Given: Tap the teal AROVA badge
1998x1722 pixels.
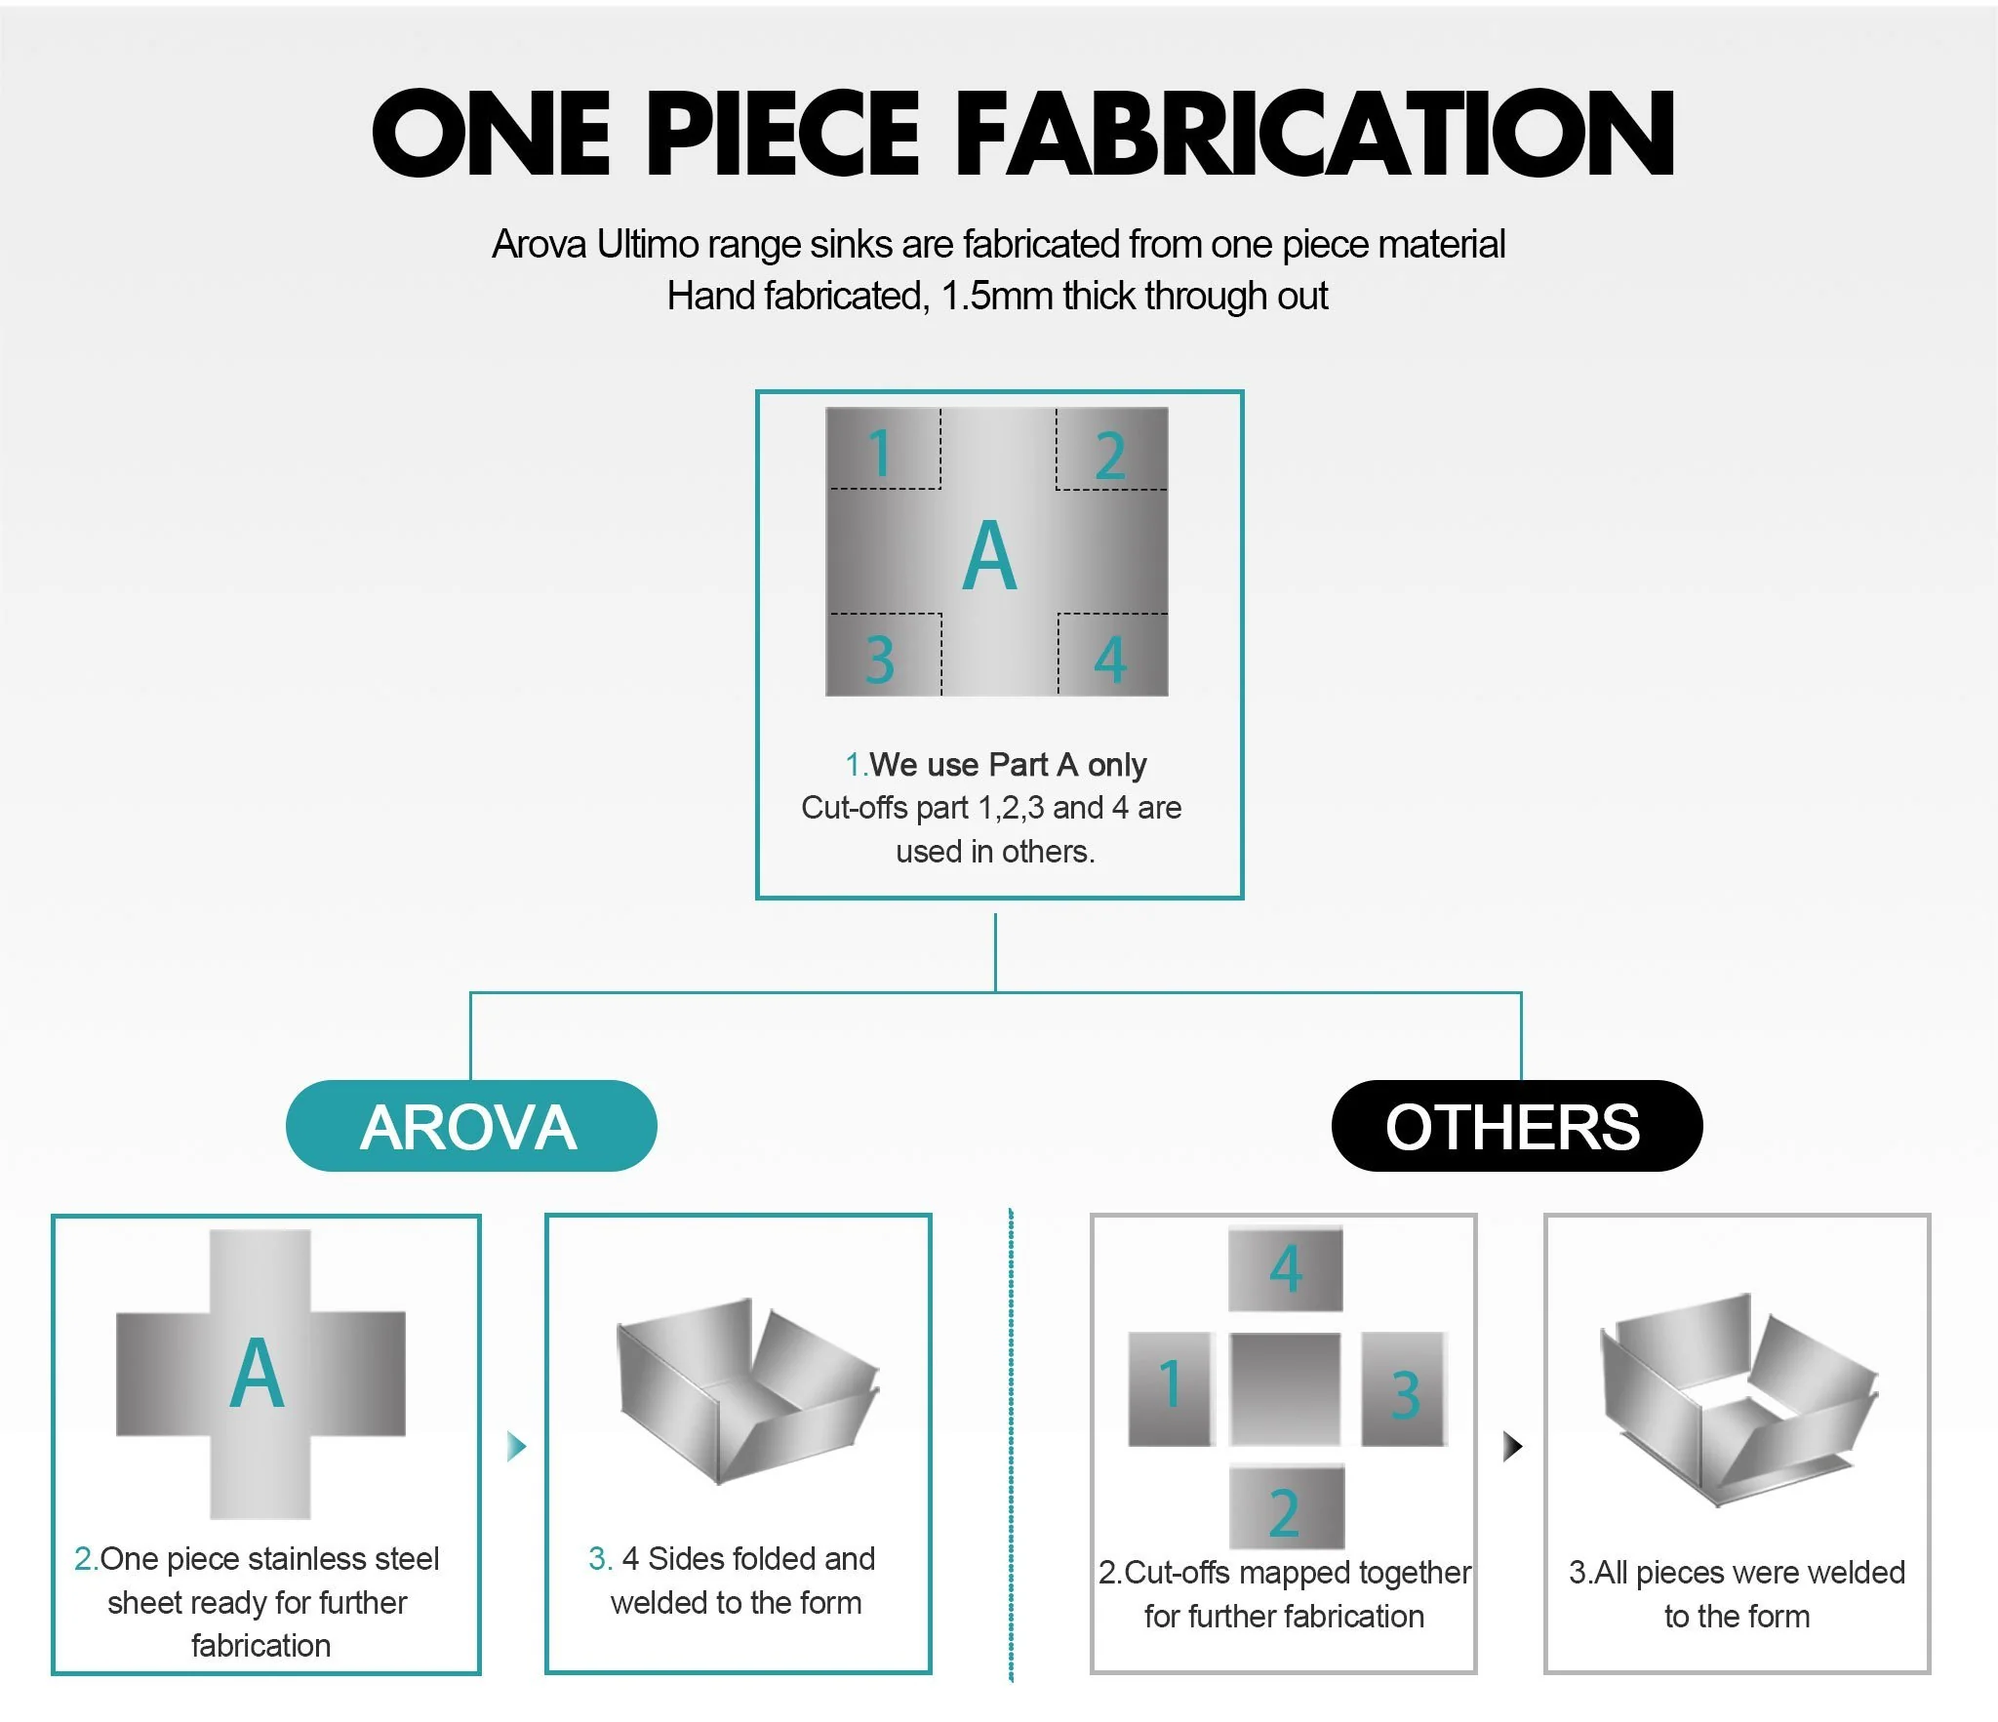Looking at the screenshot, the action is [x=471, y=1125].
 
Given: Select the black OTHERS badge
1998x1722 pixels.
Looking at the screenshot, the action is [x=1516, y=1125].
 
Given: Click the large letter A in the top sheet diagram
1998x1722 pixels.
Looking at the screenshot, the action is [x=990, y=555].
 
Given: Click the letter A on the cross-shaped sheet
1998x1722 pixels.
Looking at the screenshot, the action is [x=258, y=1374].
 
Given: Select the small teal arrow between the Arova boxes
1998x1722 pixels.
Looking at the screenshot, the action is [x=516, y=1446].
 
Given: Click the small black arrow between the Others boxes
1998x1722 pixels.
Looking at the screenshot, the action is [x=1512, y=1446].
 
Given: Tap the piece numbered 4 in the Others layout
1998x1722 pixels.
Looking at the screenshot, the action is [x=1285, y=1268].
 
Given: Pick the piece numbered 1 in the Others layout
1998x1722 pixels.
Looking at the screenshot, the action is [x=1171, y=1388].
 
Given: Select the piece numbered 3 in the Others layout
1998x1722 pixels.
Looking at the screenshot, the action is [x=1404, y=1388].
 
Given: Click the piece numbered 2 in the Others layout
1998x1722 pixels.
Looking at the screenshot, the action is [x=1286, y=1508].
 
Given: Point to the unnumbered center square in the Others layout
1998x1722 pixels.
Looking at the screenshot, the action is [x=1285, y=1388].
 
